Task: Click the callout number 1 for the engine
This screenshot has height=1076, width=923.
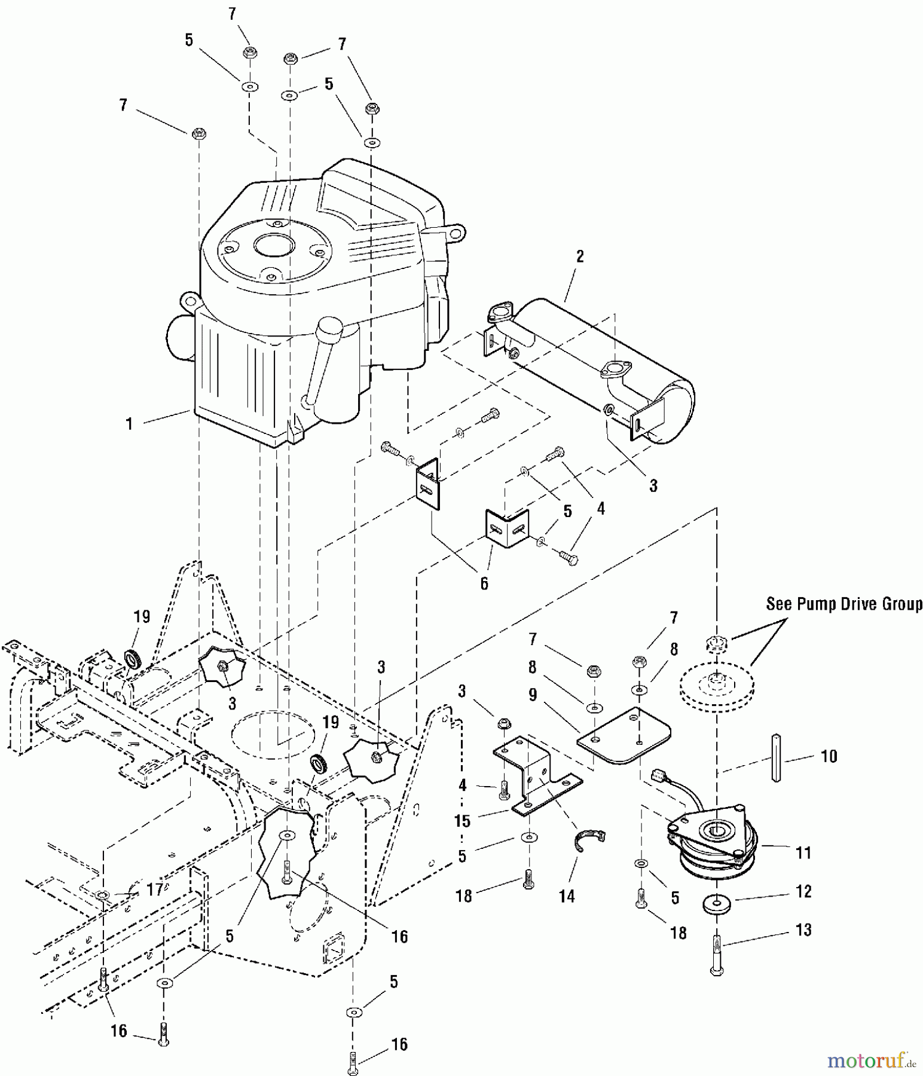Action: [x=129, y=424]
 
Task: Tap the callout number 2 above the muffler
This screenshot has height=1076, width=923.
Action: [x=579, y=256]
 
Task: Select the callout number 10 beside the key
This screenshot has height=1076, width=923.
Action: [x=829, y=756]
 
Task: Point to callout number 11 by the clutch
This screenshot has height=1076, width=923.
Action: [x=803, y=852]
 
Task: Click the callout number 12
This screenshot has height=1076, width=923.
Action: [x=803, y=891]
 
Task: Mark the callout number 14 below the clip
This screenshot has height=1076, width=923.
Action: [x=566, y=895]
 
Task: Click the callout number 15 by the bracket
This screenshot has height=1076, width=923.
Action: [x=462, y=821]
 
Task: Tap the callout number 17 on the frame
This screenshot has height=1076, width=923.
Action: [x=155, y=890]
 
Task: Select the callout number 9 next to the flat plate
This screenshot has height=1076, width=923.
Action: [x=533, y=695]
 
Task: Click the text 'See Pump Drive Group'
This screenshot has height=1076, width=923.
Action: [x=843, y=604]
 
